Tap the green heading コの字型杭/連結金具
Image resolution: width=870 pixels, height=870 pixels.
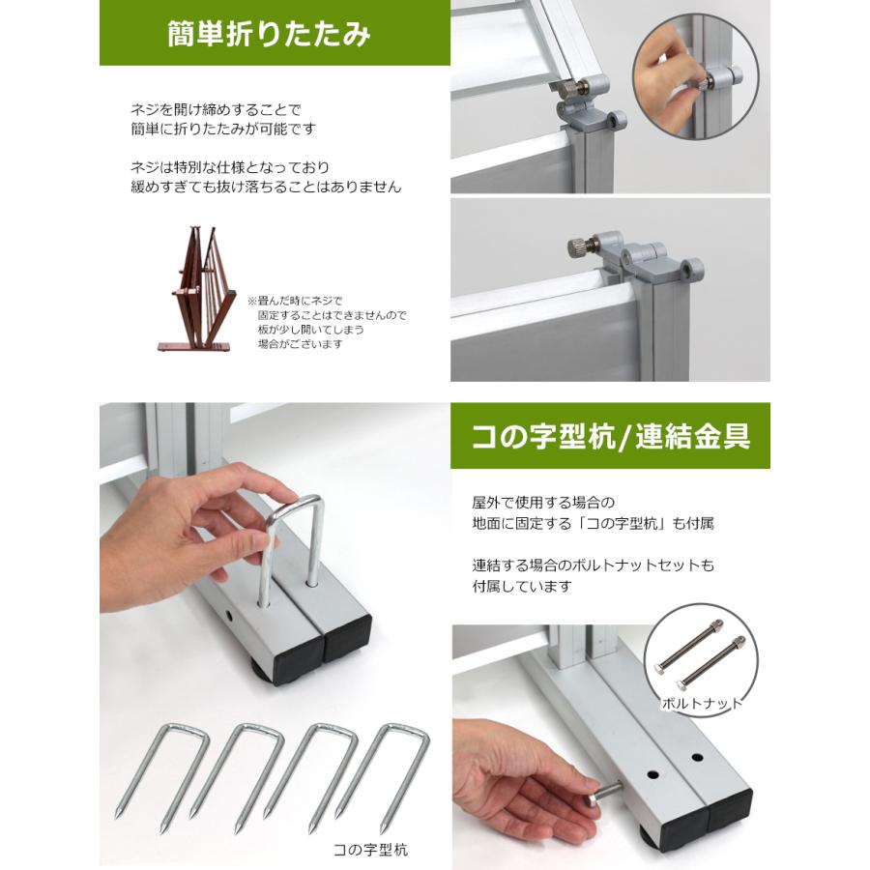tap(610, 437)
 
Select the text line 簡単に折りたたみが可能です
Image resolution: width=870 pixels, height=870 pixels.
tap(223, 128)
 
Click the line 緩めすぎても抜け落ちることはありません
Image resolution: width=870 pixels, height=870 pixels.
tap(266, 187)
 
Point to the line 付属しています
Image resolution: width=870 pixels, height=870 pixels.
tap(522, 586)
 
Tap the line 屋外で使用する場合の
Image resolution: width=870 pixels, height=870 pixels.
tap(543, 503)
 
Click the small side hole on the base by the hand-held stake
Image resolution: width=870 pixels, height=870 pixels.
tap(231, 616)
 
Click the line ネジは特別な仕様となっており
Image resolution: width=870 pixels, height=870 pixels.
tap(230, 166)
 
